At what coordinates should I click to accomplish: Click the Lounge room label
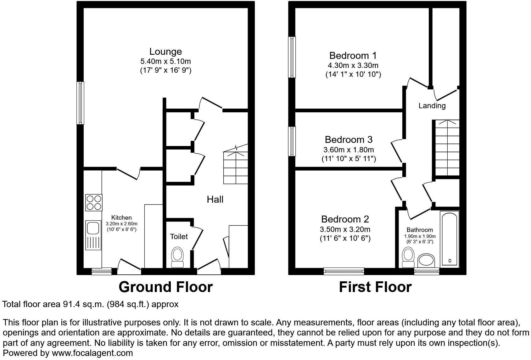pyautogui.click(x=165, y=52)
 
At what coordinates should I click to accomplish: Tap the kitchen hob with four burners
pyautogui.click(x=94, y=202)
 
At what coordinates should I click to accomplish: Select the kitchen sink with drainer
pyautogui.click(x=93, y=235)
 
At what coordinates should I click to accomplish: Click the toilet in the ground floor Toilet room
pyautogui.click(x=177, y=258)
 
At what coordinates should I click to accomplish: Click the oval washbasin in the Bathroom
pyautogui.click(x=426, y=261)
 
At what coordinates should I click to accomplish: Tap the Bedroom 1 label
pyautogui.click(x=353, y=56)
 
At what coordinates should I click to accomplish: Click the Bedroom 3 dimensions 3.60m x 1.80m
pyautogui.click(x=349, y=150)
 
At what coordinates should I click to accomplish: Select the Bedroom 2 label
pyautogui.click(x=345, y=219)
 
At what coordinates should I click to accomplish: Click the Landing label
pyautogui.click(x=432, y=106)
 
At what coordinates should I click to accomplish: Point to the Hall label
pyautogui.click(x=215, y=199)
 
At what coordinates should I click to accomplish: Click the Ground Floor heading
pyautogui.click(x=165, y=287)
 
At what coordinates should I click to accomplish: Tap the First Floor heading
pyautogui.click(x=375, y=287)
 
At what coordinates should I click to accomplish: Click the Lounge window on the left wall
pyautogui.click(x=81, y=103)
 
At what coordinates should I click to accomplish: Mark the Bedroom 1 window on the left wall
pyautogui.click(x=292, y=57)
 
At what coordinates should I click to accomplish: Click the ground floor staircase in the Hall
pyautogui.click(x=236, y=167)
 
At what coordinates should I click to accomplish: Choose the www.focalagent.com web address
pyautogui.click(x=92, y=353)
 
